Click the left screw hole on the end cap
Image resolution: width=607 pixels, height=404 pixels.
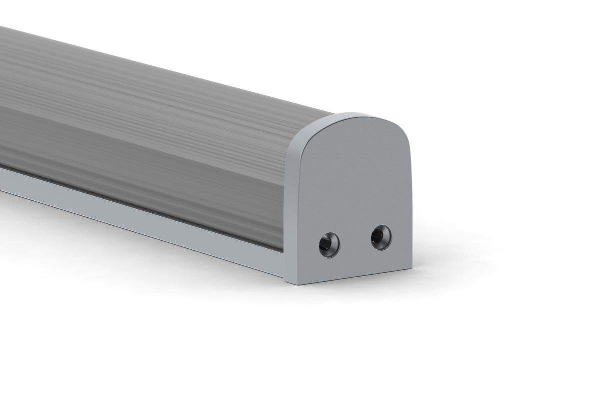click(x=329, y=245)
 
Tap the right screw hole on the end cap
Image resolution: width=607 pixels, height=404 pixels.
click(x=381, y=237)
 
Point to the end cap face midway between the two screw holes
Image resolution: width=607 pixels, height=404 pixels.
click(x=355, y=241)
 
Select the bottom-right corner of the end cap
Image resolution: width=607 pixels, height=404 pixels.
click(x=411, y=268)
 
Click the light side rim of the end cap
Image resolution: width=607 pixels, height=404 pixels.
click(x=290, y=200)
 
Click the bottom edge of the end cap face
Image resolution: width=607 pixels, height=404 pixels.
click(x=355, y=276)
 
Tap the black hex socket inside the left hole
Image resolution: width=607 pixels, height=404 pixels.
click(x=327, y=245)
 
